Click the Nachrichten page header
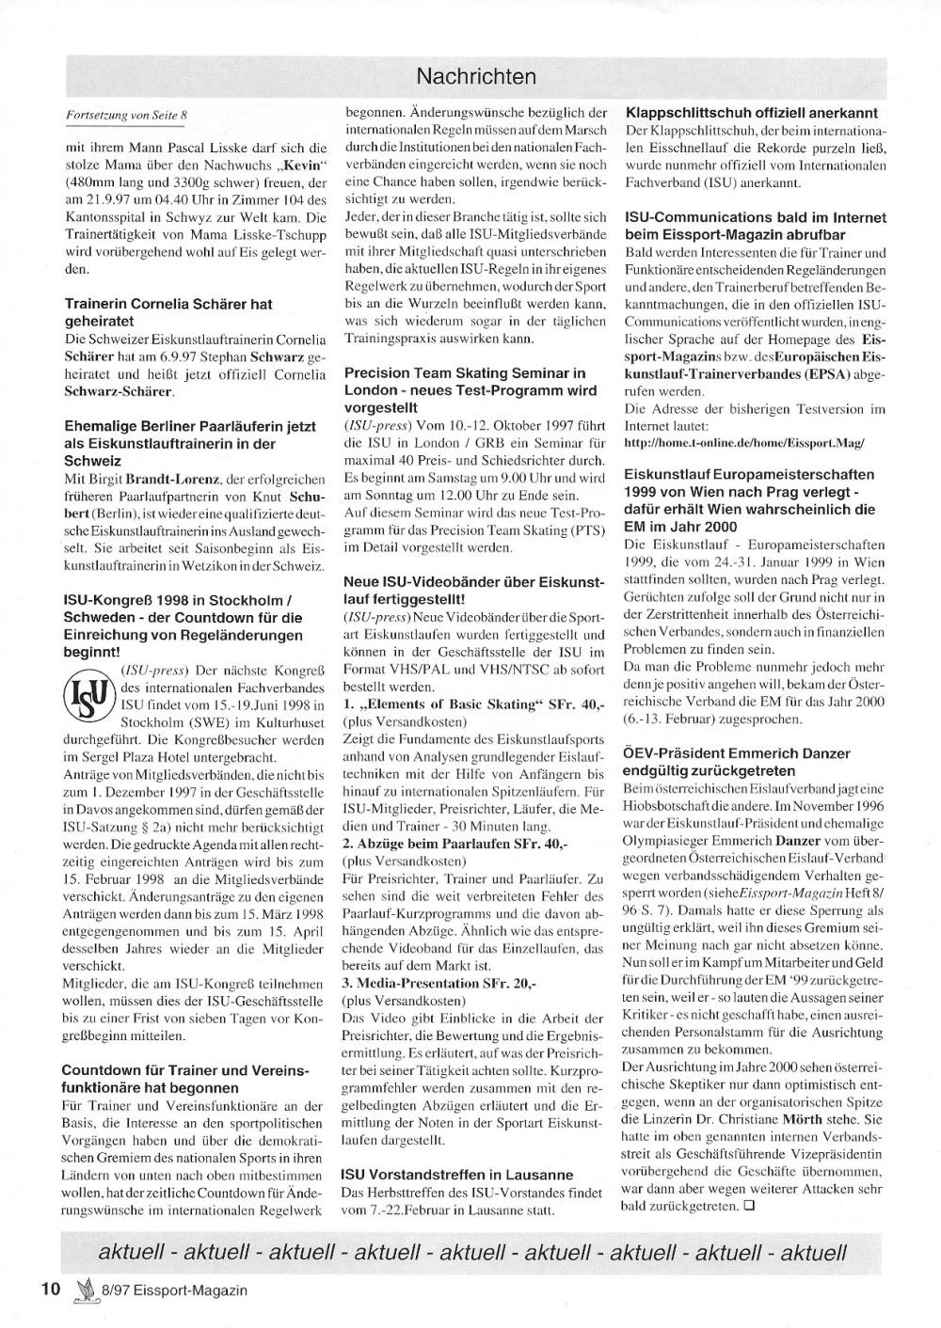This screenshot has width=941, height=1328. [x=476, y=76]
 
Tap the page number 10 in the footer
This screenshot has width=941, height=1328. [x=50, y=1288]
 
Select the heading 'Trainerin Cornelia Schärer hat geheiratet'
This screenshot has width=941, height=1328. [x=168, y=312]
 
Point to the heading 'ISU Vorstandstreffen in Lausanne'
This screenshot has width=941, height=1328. [x=456, y=1175]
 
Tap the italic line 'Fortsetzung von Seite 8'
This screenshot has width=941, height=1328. [x=127, y=115]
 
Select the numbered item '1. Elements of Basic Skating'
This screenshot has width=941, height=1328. [x=473, y=704]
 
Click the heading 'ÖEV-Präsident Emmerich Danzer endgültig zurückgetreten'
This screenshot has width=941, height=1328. [x=737, y=761]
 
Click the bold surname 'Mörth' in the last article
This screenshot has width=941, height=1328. [x=828, y=1120]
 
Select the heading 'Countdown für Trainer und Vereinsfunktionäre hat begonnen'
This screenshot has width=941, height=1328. [x=185, y=1078]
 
